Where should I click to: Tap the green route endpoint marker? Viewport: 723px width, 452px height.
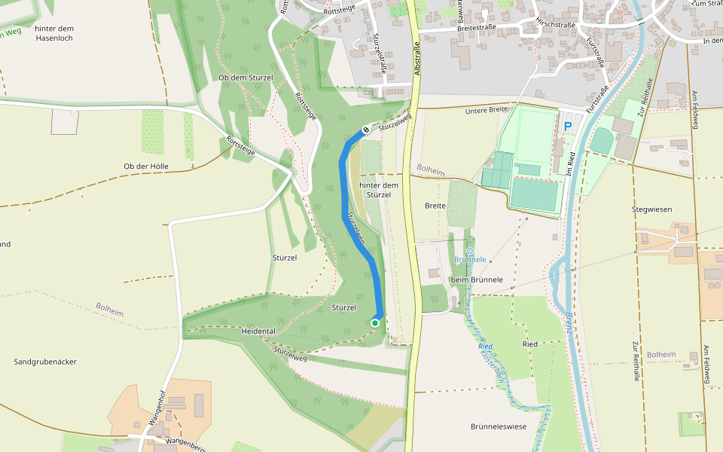(375, 323)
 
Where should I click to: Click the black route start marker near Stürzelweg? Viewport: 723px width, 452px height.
(366, 130)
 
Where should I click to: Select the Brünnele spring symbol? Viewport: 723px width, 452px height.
(470, 250)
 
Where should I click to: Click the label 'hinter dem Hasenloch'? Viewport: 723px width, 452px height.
(53, 33)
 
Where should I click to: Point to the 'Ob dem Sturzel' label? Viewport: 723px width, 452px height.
(244, 78)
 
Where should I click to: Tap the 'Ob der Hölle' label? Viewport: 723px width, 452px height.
(146, 166)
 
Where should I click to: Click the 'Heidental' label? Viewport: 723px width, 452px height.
(259, 331)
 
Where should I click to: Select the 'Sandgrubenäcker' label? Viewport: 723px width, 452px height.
(45, 362)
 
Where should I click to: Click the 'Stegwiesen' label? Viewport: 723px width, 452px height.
(652, 209)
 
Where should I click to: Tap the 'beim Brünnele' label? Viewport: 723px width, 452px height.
(476, 279)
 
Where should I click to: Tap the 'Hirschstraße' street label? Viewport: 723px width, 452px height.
(555, 23)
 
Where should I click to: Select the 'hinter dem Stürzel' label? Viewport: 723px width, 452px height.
(379, 190)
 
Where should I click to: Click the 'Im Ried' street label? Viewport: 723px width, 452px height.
(572, 163)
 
